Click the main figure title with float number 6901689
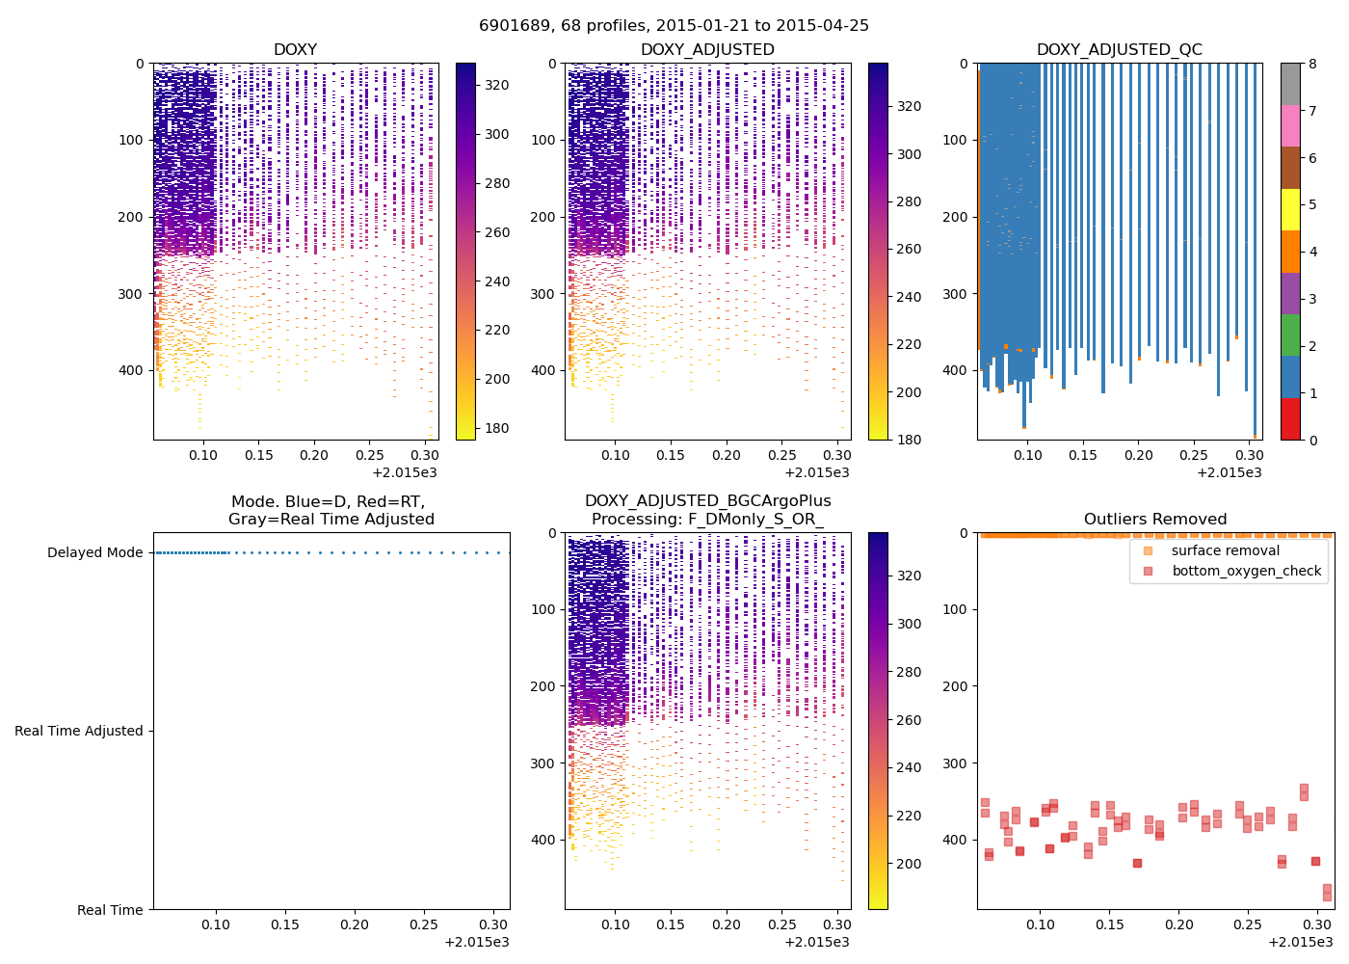674,26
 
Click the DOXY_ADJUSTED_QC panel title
1119,50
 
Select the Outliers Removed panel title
1154,520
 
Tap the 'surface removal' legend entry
1225,550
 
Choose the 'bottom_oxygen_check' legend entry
1246,571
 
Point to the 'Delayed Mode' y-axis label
94,552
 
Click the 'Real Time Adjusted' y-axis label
78,731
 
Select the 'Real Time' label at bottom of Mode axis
110,910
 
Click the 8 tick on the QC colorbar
1312,64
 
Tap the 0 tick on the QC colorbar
1312,440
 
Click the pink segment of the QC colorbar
1290,125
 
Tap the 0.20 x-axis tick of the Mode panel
354,924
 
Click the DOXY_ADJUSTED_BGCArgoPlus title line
707,501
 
